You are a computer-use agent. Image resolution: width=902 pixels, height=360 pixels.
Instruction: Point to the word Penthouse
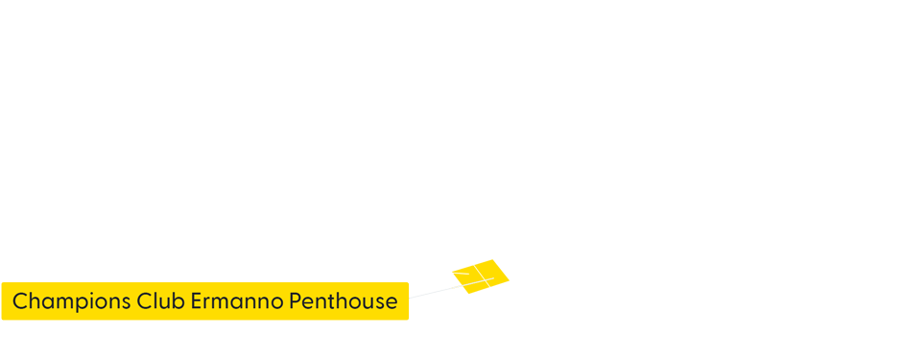(342, 301)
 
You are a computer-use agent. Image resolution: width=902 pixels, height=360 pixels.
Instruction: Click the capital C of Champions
(19, 301)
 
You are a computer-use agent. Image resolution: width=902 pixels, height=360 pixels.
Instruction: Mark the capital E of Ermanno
(197, 301)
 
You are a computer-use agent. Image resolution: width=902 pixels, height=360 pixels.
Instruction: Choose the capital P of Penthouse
(292, 301)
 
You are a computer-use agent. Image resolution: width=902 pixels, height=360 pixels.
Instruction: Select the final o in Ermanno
(275, 302)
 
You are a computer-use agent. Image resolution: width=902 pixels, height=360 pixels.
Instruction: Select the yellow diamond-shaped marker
(481, 276)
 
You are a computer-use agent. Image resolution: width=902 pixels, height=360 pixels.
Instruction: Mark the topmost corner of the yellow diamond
(492, 259)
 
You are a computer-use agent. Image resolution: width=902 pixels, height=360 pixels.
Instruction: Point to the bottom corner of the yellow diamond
(467, 294)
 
